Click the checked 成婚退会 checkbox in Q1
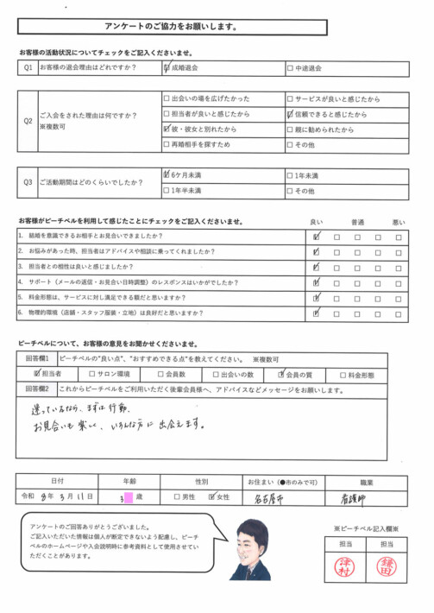(167, 67)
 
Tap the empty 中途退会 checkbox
(290, 67)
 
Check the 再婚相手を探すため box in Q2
(167, 144)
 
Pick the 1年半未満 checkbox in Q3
(167, 190)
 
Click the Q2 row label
(28, 122)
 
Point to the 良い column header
(317, 223)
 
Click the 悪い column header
(398, 223)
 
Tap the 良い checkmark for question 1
(317, 236)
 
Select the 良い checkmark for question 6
(317, 313)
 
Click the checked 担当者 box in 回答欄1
(37, 376)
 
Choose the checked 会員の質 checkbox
(281, 376)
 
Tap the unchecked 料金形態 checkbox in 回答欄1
(343, 376)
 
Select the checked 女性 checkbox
(213, 498)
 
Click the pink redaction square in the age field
(128, 497)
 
